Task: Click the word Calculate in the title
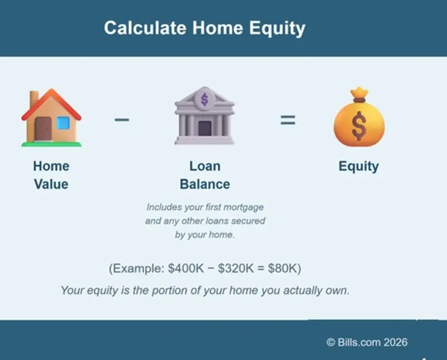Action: tap(137, 28)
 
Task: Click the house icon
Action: tap(51, 118)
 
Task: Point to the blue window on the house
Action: tap(63, 123)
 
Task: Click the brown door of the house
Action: tap(44, 129)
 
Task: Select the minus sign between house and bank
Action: tap(122, 119)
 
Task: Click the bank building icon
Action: tap(204, 118)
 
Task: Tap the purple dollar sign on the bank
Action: tap(204, 99)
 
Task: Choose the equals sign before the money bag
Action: tap(288, 119)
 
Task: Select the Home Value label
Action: tap(51, 175)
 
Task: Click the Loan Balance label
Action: tap(205, 175)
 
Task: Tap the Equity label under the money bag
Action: tap(359, 166)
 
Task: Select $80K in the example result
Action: tap(282, 268)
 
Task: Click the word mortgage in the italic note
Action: tap(244, 207)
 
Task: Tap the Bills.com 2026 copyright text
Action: tap(367, 342)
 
